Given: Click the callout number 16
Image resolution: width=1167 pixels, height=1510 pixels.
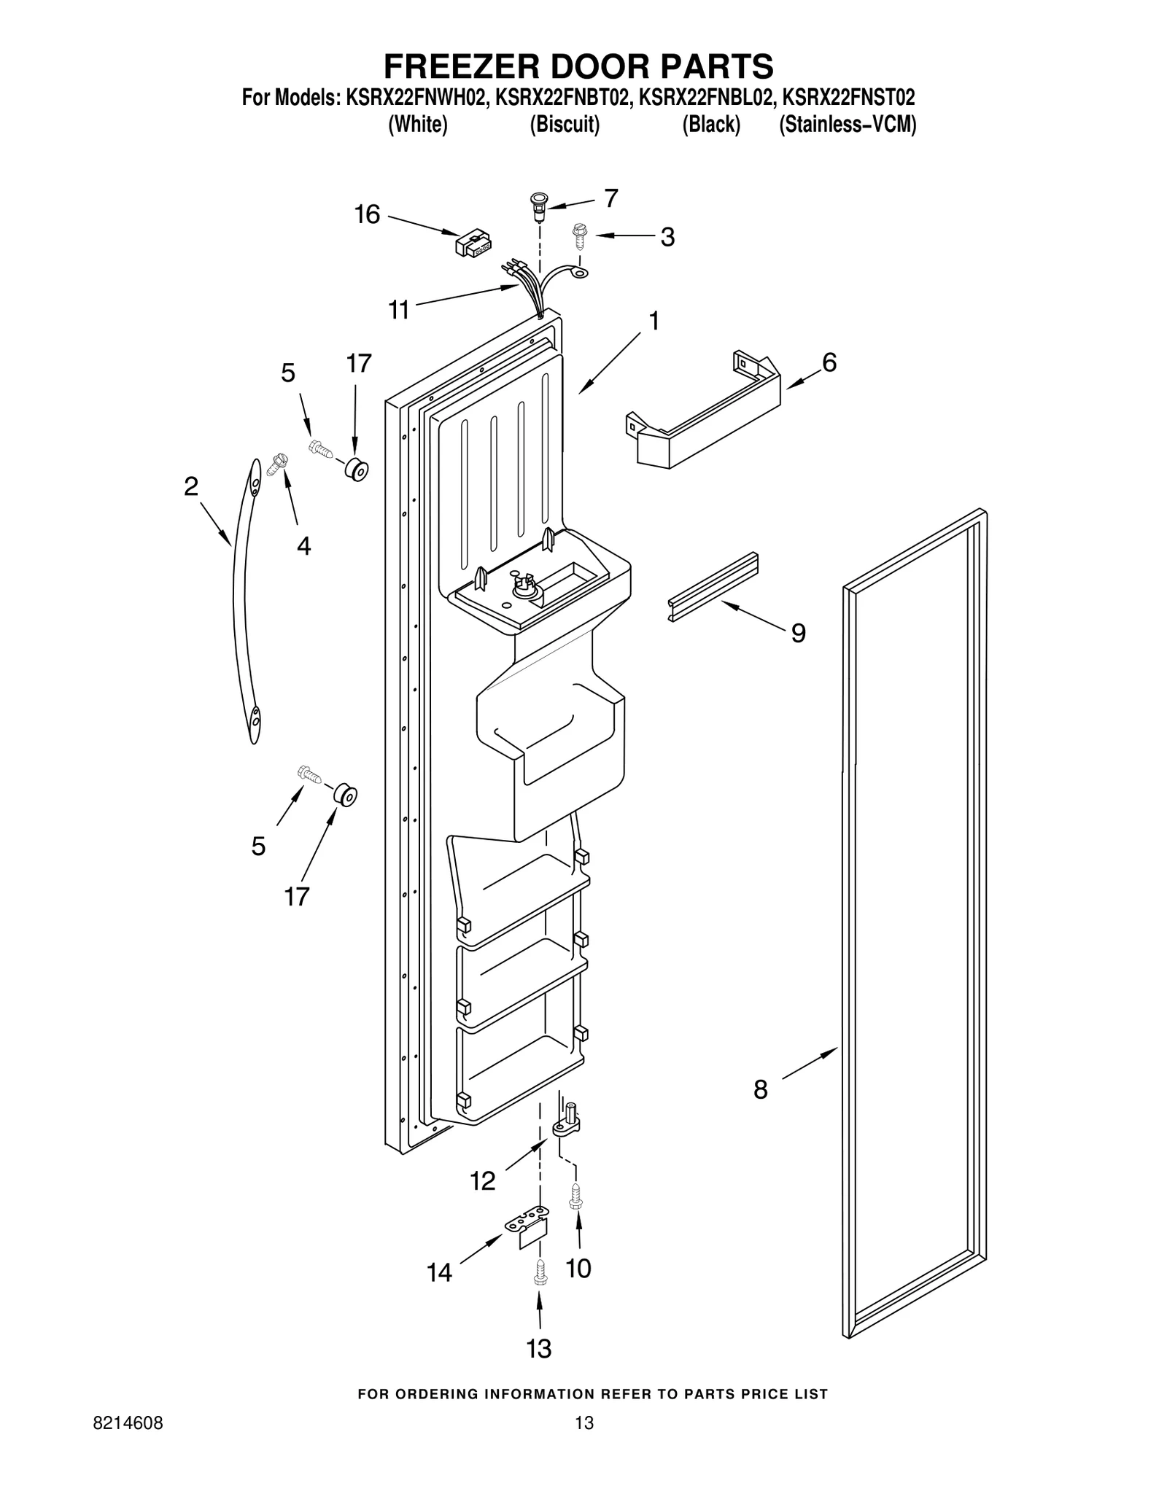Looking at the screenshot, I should point(367,214).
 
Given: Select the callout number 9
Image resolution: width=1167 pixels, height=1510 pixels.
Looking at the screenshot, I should point(799,633).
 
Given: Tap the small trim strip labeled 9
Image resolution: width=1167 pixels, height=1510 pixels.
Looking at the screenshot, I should point(713,587).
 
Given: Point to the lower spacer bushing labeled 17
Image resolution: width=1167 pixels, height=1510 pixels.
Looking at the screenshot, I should point(345,796).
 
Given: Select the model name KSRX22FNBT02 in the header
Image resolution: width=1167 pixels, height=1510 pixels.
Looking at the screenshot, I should point(562,98).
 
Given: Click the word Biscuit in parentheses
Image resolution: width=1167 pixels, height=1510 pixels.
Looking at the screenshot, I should point(565,125).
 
